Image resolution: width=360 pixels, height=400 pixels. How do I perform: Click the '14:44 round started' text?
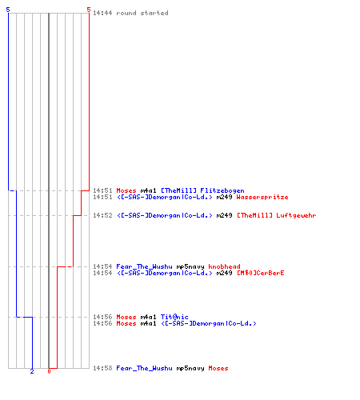tap(130, 13)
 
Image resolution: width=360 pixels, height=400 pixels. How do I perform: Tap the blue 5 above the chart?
tap(8, 10)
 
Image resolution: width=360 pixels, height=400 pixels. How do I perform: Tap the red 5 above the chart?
tap(89, 10)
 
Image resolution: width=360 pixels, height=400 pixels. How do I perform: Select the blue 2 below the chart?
tap(32, 371)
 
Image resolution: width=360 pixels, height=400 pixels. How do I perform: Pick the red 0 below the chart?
tap(49, 371)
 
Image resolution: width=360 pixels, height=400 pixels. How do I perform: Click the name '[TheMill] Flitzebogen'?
tap(202, 190)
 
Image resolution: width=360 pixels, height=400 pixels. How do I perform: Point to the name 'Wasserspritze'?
tap(262, 197)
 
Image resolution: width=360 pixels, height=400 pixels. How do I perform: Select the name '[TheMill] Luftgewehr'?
tap(277, 215)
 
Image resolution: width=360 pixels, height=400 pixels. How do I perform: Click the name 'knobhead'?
tap(224, 266)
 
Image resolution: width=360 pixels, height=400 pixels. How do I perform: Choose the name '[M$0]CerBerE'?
tap(261, 273)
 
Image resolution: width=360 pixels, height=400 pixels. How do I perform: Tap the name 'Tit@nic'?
tap(174, 317)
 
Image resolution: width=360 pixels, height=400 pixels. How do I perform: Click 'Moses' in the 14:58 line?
tap(218, 368)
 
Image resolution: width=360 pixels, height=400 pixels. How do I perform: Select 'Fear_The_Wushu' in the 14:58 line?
tap(144, 368)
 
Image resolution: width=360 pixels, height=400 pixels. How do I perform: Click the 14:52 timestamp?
tap(102, 215)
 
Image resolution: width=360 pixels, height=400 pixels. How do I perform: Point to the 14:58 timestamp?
tap(102, 368)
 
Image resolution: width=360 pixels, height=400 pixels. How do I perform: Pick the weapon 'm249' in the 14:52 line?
tap(224, 215)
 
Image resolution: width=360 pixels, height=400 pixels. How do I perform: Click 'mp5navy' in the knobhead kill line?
tap(190, 266)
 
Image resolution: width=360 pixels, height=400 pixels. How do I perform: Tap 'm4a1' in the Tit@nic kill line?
tap(148, 317)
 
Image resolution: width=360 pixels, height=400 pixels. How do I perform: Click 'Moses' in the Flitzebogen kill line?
tap(126, 190)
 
